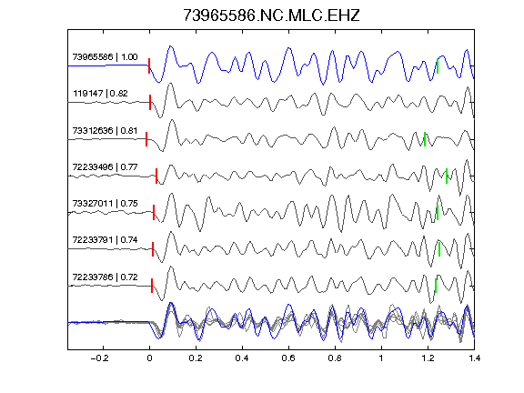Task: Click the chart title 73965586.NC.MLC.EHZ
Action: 271,15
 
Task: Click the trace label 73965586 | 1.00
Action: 105,57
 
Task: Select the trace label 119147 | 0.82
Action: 100,94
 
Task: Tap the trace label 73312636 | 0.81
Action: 105,130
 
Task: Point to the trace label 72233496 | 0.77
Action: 105,166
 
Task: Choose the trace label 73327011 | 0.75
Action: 105,204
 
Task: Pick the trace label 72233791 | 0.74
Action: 105,240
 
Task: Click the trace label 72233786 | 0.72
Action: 105,277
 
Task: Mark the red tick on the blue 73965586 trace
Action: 149,65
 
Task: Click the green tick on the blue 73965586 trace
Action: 438,65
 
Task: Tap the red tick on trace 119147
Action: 150,102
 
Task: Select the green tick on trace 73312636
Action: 425,139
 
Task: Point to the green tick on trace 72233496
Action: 447,176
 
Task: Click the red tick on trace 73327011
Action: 154,213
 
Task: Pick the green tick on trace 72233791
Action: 439,249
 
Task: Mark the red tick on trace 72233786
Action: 152,286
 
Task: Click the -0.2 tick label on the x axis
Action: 100,358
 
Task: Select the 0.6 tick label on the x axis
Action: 288,358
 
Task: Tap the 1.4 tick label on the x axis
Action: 475,358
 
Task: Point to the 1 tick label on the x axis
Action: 381,358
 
